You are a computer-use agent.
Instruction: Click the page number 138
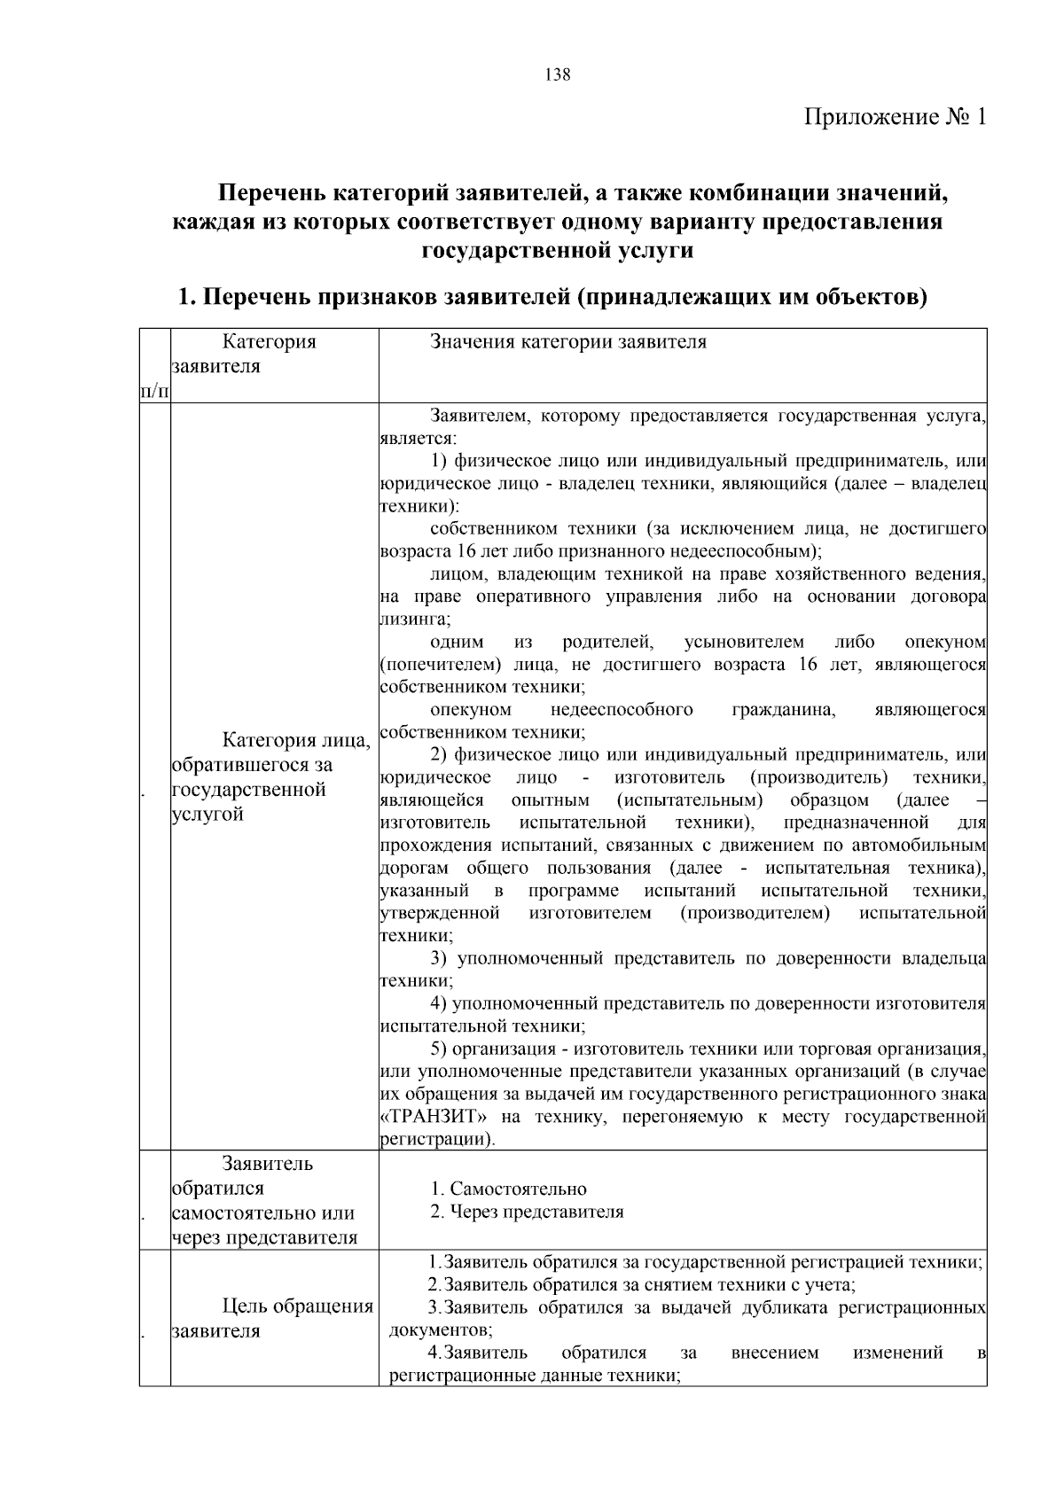click(558, 74)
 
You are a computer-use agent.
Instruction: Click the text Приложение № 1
click(895, 117)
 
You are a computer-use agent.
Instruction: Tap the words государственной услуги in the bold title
click(557, 251)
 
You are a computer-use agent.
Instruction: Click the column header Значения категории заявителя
click(568, 342)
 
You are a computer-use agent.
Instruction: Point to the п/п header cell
click(154, 390)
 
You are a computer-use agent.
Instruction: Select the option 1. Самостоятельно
click(509, 1189)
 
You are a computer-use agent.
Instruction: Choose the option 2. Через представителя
click(527, 1212)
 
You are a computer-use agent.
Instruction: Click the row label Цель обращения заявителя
click(271, 1319)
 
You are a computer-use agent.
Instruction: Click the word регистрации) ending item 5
click(437, 1139)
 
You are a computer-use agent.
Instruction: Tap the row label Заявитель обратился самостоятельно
click(263, 1200)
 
